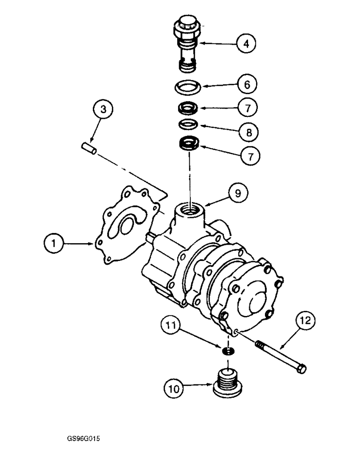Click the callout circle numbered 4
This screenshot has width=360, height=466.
[x=246, y=44]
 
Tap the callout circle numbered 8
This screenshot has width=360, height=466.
[x=246, y=132]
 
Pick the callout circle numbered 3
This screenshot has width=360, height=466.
[x=104, y=110]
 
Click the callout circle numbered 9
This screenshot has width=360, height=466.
[x=238, y=193]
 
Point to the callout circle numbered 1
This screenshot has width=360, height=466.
[x=55, y=243]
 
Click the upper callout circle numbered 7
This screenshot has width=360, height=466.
[x=246, y=109]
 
